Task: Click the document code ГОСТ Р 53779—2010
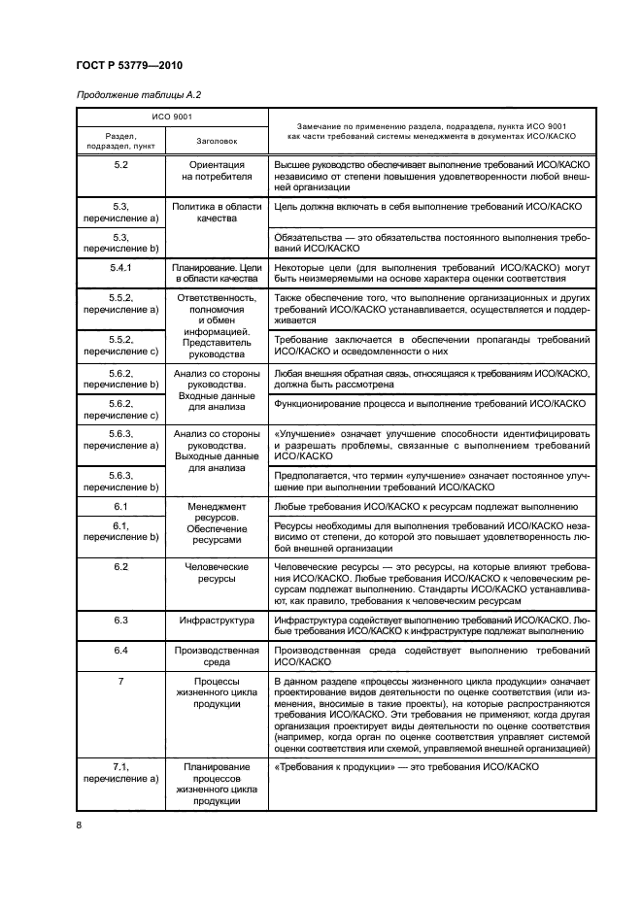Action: click(127, 63)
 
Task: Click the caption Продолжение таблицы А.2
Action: click(136, 94)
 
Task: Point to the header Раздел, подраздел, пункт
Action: click(120, 141)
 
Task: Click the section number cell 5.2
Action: click(120, 166)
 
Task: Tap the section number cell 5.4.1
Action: click(120, 264)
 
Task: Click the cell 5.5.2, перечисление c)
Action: click(120, 345)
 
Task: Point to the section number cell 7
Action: click(120, 682)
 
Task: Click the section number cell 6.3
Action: click(120, 619)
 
